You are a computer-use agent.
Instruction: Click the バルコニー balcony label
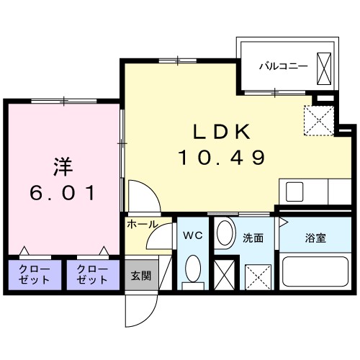pos(284,66)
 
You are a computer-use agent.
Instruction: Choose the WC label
pos(192,235)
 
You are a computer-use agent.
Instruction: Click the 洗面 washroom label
pos(252,238)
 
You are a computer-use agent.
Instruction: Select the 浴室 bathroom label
pos(315,238)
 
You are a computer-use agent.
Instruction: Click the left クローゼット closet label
pos(35,274)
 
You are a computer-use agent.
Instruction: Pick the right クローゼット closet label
pos(92,274)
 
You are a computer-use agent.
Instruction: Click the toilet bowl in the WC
pos(192,271)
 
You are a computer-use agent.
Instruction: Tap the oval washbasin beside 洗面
pos(225,233)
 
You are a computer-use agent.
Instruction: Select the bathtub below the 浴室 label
pos(315,273)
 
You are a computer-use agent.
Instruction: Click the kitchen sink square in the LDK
pos(295,192)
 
